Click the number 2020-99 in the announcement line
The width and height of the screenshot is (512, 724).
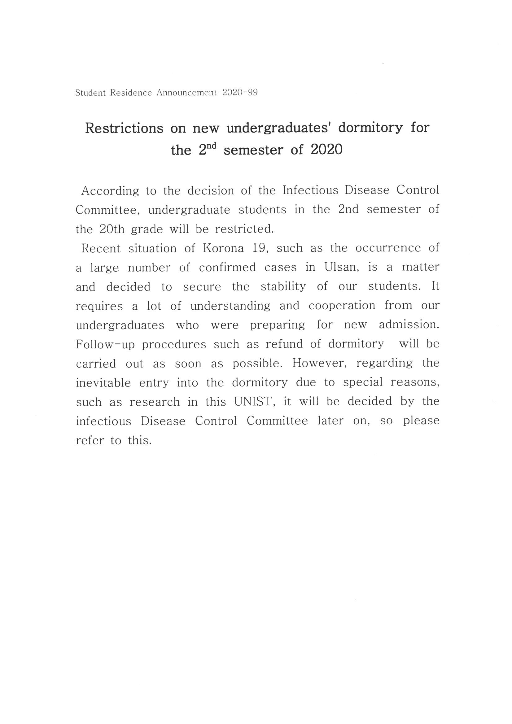pyautogui.click(x=239, y=93)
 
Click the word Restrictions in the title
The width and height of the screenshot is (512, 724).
pyautogui.click(x=124, y=128)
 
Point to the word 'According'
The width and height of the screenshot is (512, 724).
pyautogui.click(x=110, y=191)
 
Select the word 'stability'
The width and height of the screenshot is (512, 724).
pyautogui.click(x=283, y=287)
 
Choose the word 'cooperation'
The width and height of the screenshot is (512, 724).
pyautogui.click(x=342, y=306)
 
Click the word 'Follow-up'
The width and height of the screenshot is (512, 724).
pyautogui.click(x=105, y=344)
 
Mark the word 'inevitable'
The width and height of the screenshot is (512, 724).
pyautogui.click(x=103, y=383)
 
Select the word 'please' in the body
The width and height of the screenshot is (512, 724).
pyautogui.click(x=421, y=421)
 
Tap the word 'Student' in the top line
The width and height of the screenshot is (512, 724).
pyautogui.click(x=90, y=93)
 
